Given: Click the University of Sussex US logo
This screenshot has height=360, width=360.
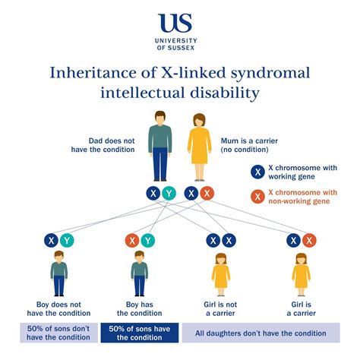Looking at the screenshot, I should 179,24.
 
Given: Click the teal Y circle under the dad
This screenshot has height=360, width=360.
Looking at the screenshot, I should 169,194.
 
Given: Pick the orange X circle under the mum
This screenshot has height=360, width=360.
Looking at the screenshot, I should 207,194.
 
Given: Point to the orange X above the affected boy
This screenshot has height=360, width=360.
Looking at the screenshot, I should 131,242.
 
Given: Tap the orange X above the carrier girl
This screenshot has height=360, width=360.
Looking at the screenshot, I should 309,242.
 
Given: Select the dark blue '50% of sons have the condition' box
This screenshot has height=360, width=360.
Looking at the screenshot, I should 139,333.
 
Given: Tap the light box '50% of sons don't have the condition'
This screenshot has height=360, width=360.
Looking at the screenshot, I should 58,333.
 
